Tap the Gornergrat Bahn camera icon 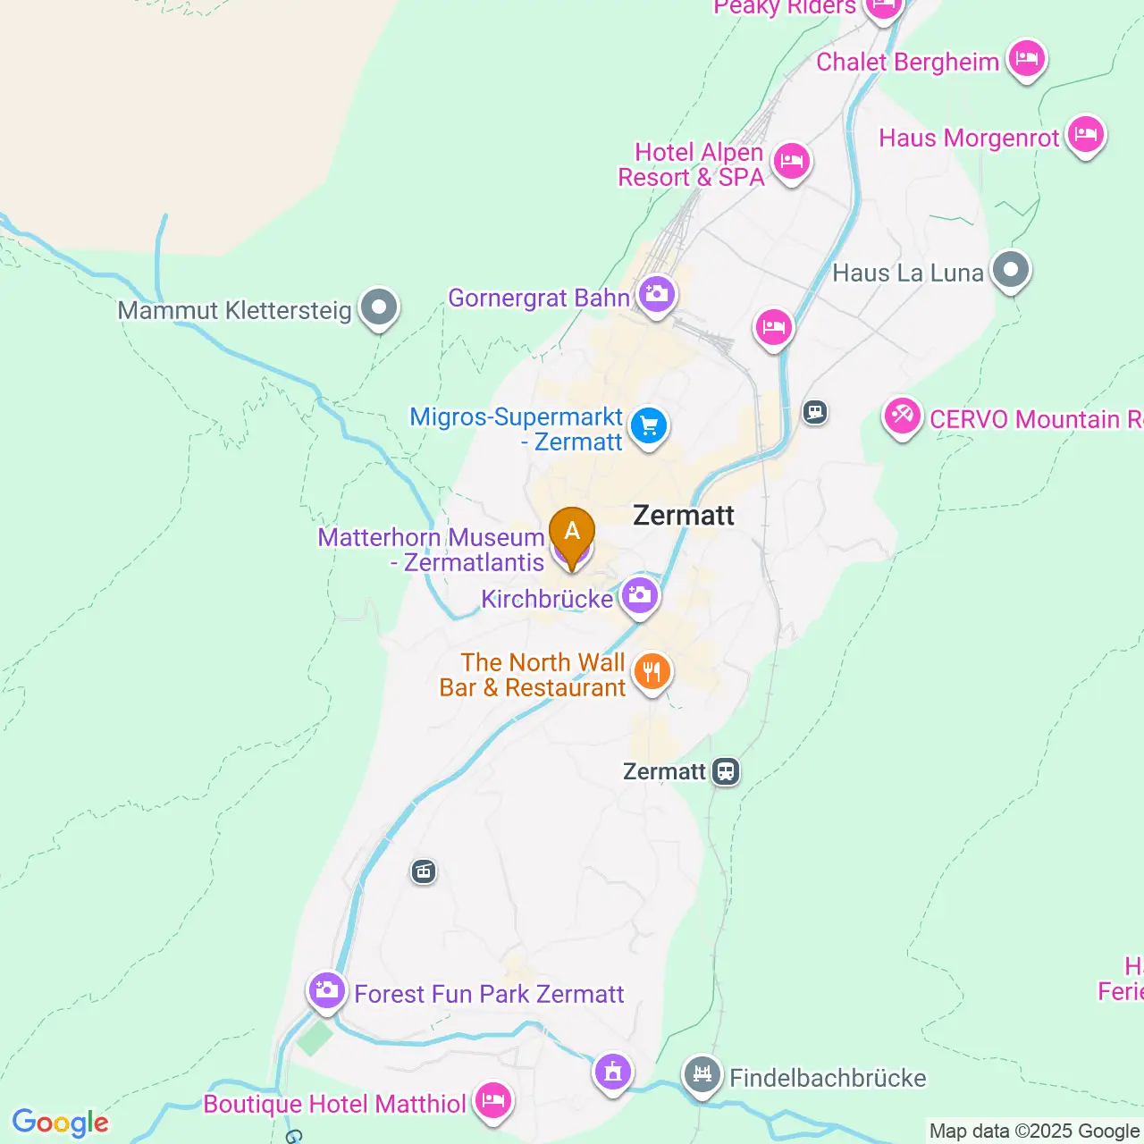(x=657, y=294)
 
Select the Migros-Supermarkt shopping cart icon (x=649, y=426)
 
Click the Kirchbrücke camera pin (x=640, y=594)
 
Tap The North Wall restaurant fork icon (x=652, y=671)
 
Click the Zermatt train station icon (x=726, y=770)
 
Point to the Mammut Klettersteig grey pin (x=379, y=307)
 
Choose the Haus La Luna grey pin (x=1011, y=269)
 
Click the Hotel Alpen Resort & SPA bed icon (x=791, y=162)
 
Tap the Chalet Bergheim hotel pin (x=1027, y=59)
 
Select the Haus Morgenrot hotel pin (x=1086, y=135)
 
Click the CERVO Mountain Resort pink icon (x=902, y=416)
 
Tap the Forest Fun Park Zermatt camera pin (x=327, y=990)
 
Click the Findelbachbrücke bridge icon (x=702, y=1074)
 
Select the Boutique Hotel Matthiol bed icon (x=492, y=1100)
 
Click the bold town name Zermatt (x=684, y=516)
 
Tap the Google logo (x=61, y=1123)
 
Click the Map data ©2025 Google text (x=1034, y=1131)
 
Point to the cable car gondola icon (x=424, y=871)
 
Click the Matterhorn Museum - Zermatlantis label (x=432, y=550)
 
